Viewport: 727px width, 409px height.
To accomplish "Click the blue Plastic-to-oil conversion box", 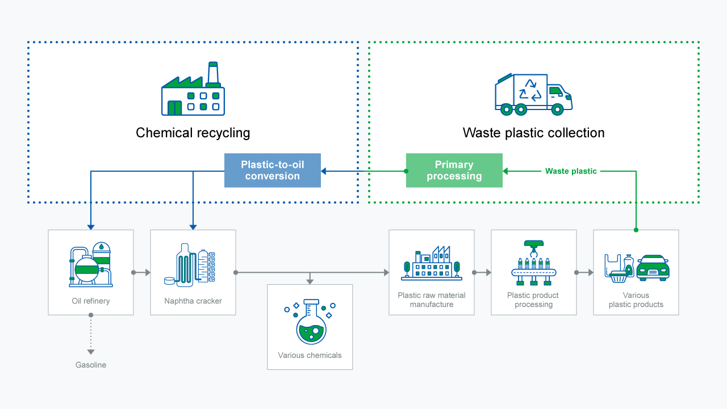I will point(273,170).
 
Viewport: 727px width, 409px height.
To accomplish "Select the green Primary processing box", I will point(454,170).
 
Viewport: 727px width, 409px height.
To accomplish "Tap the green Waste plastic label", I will point(571,171).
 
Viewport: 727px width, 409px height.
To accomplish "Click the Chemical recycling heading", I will point(193,133).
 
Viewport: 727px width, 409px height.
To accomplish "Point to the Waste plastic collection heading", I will point(533,133).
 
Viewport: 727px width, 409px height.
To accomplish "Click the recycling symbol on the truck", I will point(530,90).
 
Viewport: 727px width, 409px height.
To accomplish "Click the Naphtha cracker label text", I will point(193,301).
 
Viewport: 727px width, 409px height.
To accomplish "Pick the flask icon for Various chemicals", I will point(310,322).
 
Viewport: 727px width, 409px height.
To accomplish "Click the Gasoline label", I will point(91,365).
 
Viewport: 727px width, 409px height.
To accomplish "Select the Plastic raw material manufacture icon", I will point(432,263).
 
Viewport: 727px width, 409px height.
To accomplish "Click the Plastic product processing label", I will point(533,300).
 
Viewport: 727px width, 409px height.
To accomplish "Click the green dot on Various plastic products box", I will point(636,230).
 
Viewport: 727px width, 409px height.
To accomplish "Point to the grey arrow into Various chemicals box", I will point(310,281).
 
